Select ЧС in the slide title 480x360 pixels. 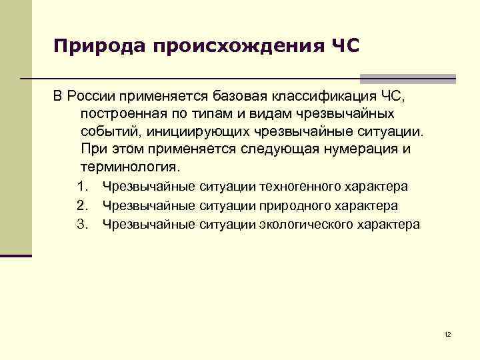(344, 47)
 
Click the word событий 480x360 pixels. (109, 131)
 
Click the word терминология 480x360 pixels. (130, 165)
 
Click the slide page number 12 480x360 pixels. (447, 334)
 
